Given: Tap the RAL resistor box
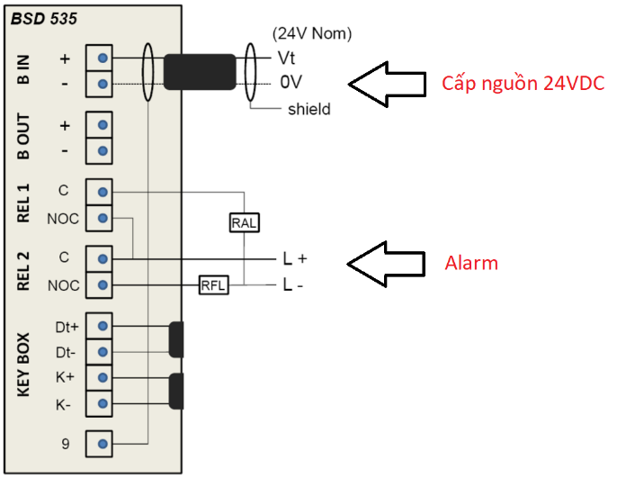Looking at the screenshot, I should click(x=245, y=222).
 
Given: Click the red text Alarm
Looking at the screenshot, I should click(x=472, y=264).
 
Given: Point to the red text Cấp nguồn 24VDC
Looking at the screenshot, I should click(x=522, y=84).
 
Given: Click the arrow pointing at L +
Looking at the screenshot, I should click(x=385, y=262).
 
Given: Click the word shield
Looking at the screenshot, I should click(x=308, y=110).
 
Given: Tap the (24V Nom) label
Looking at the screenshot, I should click(x=311, y=34).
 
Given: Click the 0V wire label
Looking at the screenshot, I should click(x=290, y=83).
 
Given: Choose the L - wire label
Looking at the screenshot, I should click(x=294, y=285).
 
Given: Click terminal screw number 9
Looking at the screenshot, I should click(x=103, y=443).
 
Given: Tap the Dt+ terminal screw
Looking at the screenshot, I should click(x=103, y=327).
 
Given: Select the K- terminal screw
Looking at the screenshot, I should click(x=103, y=404).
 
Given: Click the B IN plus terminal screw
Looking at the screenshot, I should click(x=103, y=59).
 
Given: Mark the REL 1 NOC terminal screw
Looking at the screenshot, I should click(x=103, y=218).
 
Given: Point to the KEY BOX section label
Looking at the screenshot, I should click(x=24, y=365).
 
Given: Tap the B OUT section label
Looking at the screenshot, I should click(x=24, y=136).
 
